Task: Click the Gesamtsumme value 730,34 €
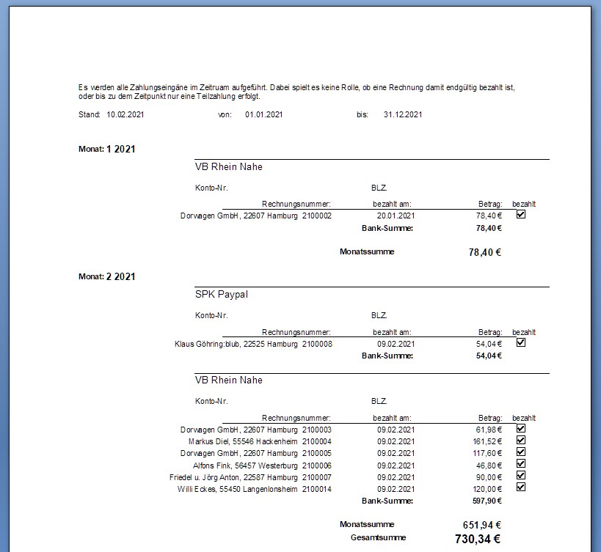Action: [x=477, y=539]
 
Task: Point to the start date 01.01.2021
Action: [x=264, y=115]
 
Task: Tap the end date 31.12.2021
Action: [x=403, y=115]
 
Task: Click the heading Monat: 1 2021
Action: [x=106, y=149]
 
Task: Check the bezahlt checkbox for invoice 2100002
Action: [x=521, y=215]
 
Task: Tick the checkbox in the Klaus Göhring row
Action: [x=521, y=342]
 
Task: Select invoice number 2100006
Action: [x=317, y=465]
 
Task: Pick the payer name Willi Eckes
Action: [x=199, y=489]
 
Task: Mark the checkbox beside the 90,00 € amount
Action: [x=521, y=475]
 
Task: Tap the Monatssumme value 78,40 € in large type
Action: [x=484, y=252]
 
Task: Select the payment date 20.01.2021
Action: [x=396, y=216]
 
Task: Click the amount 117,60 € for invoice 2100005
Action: [x=488, y=454]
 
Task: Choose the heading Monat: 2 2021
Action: [x=106, y=276]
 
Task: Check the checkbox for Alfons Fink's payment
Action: [x=521, y=463]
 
